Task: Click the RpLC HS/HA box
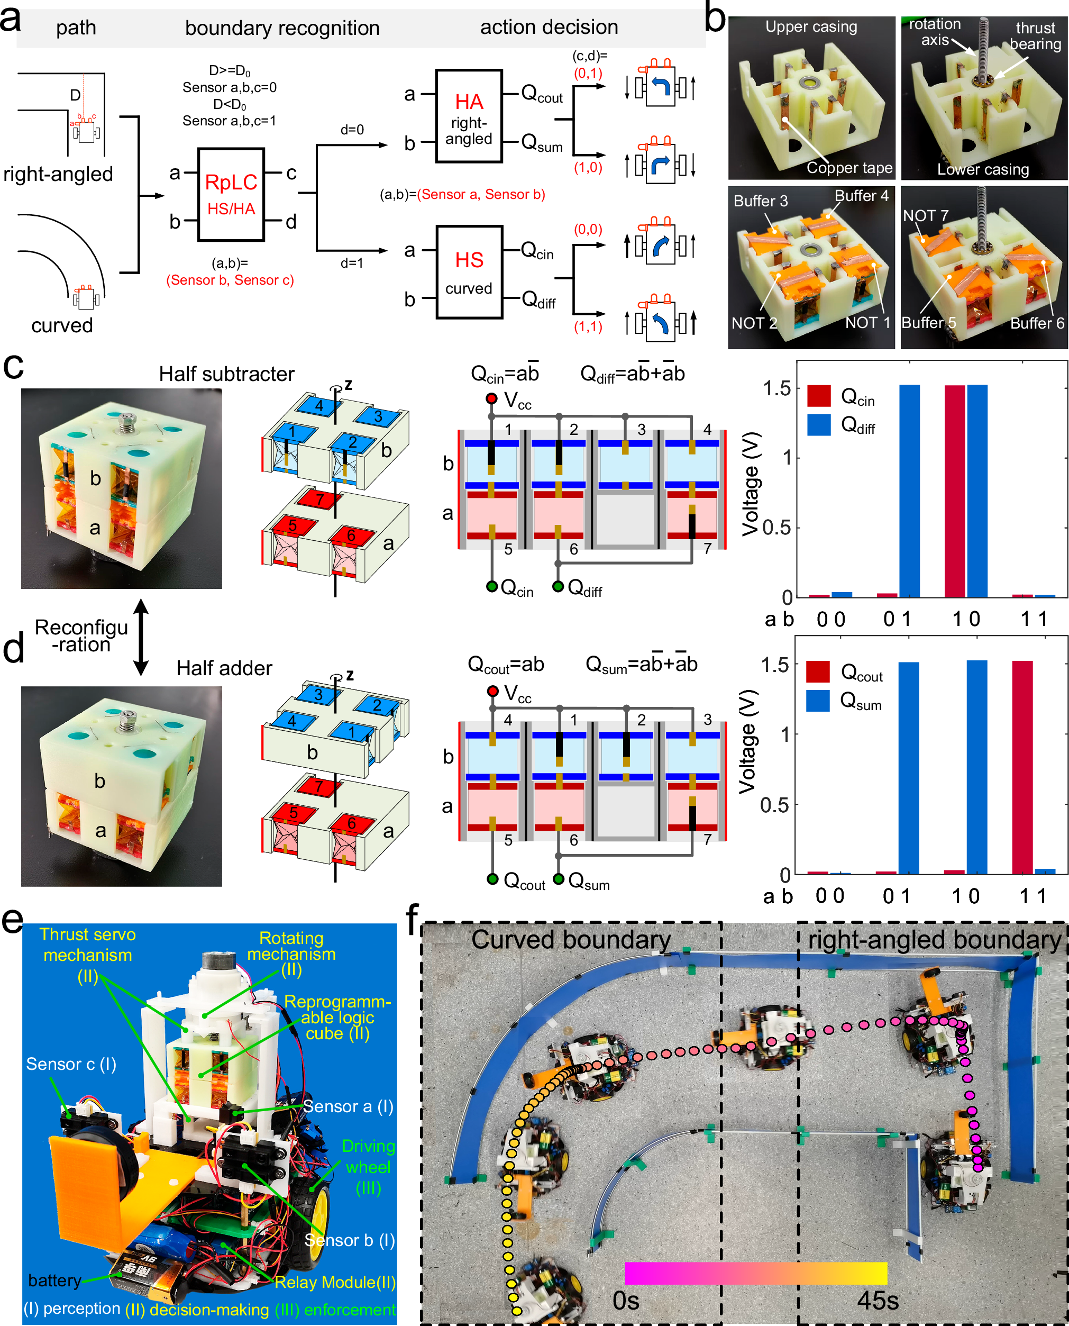[x=231, y=195]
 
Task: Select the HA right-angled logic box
[x=469, y=116]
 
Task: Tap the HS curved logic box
[x=469, y=272]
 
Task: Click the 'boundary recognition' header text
[x=282, y=29]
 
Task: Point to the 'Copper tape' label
[x=849, y=168]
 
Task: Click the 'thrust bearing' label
[x=1035, y=37]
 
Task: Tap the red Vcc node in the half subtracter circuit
[x=491, y=398]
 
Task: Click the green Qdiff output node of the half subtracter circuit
[x=558, y=586]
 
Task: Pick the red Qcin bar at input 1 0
[x=954, y=491]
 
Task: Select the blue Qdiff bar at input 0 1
[x=909, y=491]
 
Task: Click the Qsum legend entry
[x=844, y=702]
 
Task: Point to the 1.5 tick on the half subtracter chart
[x=777, y=388]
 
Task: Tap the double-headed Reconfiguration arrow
[x=141, y=637]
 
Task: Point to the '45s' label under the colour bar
[x=878, y=1301]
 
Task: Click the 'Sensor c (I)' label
[x=71, y=1064]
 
